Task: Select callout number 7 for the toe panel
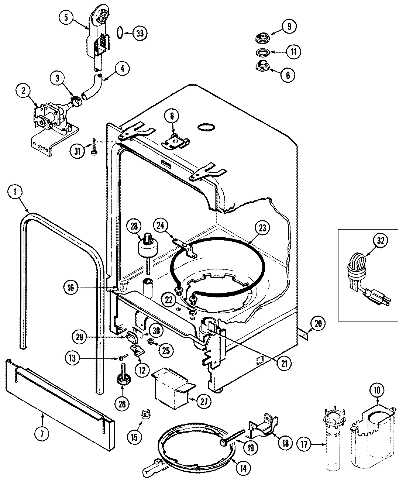point(42,434)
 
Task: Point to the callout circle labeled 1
point(16,192)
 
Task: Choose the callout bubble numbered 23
point(262,228)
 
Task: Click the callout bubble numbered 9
point(289,27)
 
